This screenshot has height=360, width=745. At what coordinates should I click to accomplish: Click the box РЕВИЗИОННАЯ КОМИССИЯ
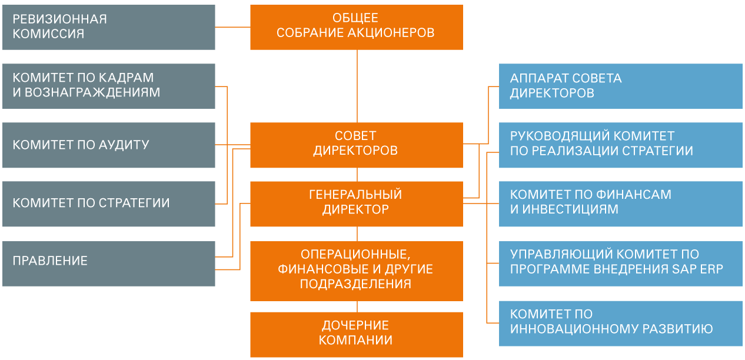pyautogui.click(x=109, y=27)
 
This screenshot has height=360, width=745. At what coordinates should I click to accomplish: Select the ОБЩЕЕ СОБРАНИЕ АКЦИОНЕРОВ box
pyautogui.click(x=356, y=27)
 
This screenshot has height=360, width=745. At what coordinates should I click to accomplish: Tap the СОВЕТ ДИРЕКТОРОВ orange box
pyautogui.click(x=356, y=145)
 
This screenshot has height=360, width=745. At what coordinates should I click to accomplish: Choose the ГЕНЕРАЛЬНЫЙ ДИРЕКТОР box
pyautogui.click(x=356, y=204)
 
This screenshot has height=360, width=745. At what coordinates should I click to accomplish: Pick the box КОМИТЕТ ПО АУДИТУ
pyautogui.click(x=109, y=145)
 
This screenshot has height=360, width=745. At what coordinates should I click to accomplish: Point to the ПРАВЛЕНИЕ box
pyautogui.click(x=109, y=262)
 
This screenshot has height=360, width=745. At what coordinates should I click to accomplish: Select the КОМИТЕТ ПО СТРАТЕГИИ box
pyautogui.click(x=109, y=204)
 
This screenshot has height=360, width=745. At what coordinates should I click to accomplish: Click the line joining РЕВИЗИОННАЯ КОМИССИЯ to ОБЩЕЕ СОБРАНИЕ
pyautogui.click(x=232, y=27)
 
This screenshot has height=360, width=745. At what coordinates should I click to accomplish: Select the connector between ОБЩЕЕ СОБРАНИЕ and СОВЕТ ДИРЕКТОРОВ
pyautogui.click(x=357, y=86)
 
